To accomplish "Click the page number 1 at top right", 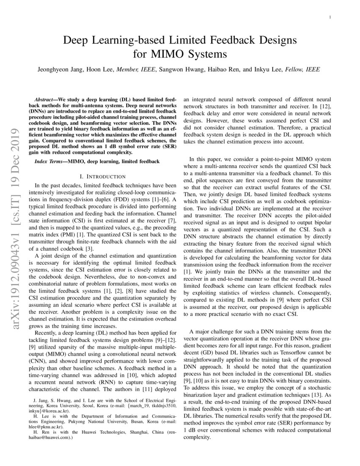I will (x=330, y=17).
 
